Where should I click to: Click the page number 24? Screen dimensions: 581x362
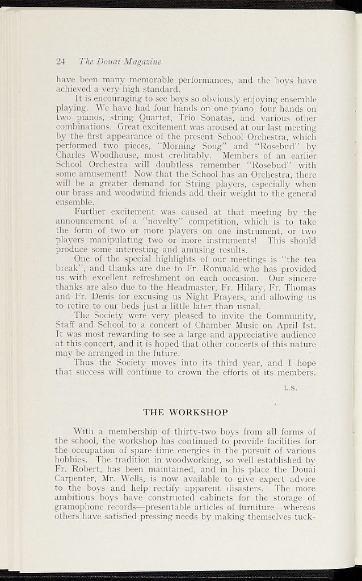point(61,62)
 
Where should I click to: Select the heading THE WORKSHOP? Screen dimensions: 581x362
point(186,412)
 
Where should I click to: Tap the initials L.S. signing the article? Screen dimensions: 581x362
point(290,389)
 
